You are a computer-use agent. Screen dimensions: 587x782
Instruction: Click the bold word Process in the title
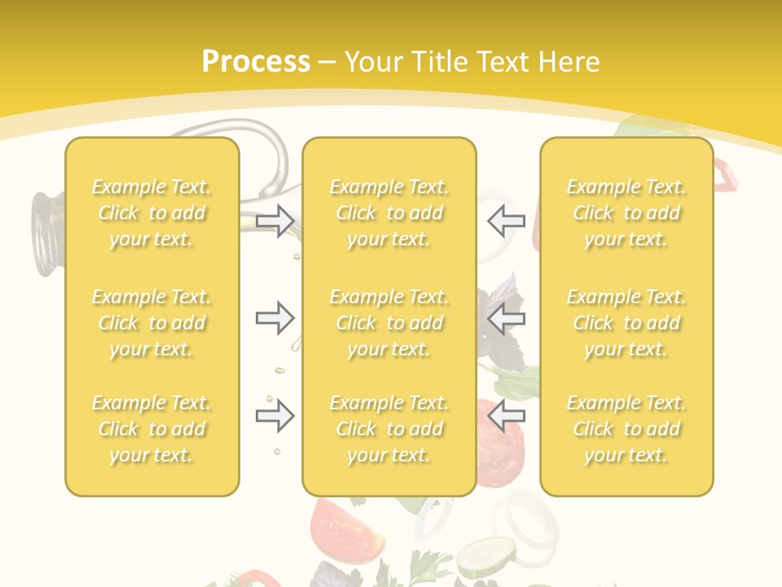tap(256, 62)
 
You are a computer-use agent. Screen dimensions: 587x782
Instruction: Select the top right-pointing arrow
tap(275, 220)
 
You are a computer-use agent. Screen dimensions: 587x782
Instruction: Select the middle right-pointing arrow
tap(275, 317)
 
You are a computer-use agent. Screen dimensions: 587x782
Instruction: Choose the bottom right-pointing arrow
tap(275, 416)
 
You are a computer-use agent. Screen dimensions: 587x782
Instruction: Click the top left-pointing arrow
tap(506, 220)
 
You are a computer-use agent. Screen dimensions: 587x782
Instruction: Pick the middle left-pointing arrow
tap(506, 317)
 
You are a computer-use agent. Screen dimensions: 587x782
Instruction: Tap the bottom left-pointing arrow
tap(506, 416)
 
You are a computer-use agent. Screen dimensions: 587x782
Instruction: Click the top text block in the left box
tap(152, 213)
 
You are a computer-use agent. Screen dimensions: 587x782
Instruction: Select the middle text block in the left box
tap(152, 323)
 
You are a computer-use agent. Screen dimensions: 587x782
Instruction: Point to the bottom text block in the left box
tap(152, 429)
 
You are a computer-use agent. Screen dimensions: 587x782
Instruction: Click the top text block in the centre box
tap(389, 213)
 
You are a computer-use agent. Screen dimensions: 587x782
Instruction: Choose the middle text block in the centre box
tap(389, 323)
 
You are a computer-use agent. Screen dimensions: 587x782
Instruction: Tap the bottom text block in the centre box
tap(389, 429)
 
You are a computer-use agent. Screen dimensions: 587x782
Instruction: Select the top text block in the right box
tap(626, 213)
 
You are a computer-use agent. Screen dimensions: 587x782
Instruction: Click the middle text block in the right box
tap(626, 323)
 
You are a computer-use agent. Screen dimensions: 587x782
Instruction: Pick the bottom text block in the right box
tap(626, 429)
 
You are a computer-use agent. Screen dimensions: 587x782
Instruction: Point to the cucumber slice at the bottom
tap(485, 558)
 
